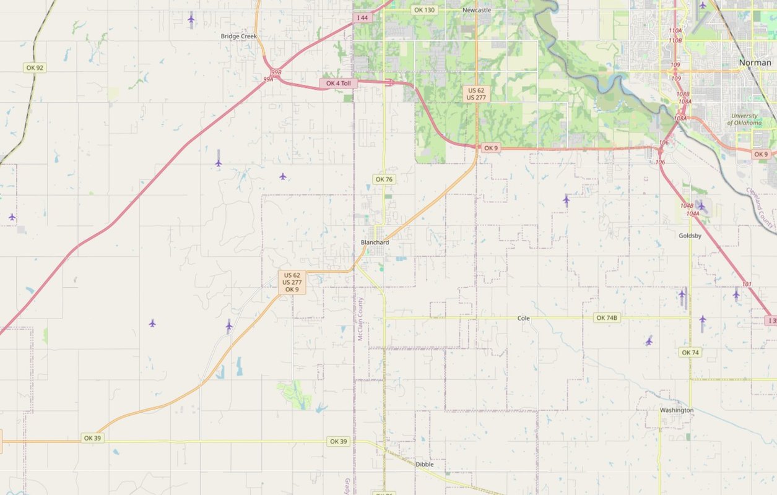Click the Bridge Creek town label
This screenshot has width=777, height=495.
(x=238, y=36)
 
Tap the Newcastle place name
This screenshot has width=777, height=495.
(x=476, y=10)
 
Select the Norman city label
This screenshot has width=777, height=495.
(x=755, y=62)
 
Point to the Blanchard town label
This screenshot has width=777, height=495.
(x=375, y=243)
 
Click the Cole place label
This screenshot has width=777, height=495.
(x=524, y=318)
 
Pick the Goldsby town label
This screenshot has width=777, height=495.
(x=690, y=235)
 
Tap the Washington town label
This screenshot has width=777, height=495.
(x=676, y=410)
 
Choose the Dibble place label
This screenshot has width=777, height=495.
(x=425, y=464)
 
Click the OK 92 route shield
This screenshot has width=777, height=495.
(x=35, y=67)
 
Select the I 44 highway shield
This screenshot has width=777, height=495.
(x=362, y=18)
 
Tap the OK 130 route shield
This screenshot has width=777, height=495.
(x=425, y=10)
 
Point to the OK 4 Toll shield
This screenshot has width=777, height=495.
(x=338, y=83)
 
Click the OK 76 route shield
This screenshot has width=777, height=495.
(x=384, y=179)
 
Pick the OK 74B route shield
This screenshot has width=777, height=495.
(x=607, y=318)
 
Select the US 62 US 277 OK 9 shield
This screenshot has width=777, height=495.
(x=292, y=282)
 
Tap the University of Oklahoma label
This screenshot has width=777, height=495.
(x=746, y=119)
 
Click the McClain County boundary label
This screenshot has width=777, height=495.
(x=360, y=319)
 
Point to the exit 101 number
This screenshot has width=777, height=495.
(x=747, y=285)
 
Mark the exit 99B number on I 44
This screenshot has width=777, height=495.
(x=276, y=72)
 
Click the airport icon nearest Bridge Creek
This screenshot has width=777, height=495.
(x=191, y=19)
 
